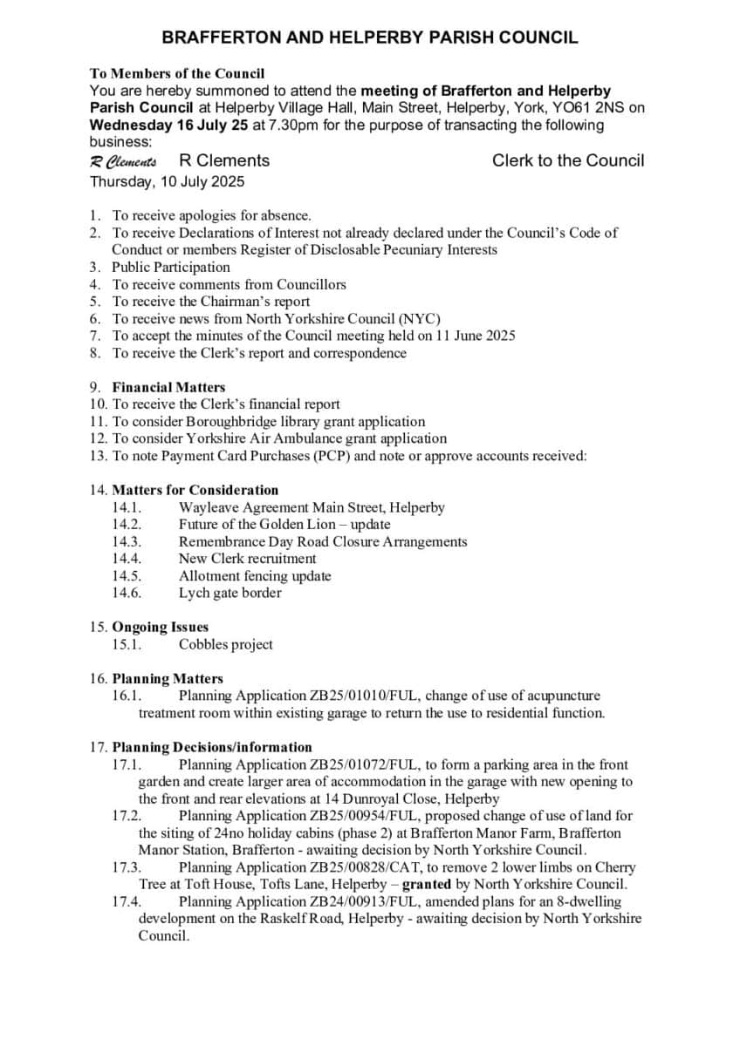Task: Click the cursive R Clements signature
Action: point(123,161)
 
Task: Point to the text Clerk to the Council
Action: point(568,160)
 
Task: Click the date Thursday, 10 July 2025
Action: point(168,182)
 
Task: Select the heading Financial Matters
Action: point(168,387)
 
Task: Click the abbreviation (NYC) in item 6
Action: point(419,319)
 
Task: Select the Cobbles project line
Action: point(225,645)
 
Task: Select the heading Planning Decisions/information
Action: point(212,747)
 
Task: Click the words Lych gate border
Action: point(230,594)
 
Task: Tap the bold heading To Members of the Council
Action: point(177,74)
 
